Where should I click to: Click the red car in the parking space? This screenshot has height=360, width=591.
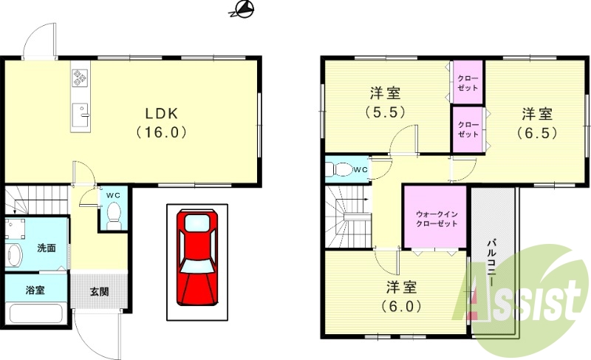(x=197, y=257)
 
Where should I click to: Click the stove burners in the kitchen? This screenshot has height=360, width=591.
(x=80, y=77)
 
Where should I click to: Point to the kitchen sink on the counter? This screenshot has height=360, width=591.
(x=81, y=113)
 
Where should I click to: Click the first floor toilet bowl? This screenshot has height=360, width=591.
(x=114, y=214)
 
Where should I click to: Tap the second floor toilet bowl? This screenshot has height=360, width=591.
(x=342, y=169)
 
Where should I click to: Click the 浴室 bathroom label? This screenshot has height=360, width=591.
(x=35, y=290)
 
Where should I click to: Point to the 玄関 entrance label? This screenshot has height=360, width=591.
(x=100, y=291)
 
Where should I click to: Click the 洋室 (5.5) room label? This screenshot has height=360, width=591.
(x=385, y=103)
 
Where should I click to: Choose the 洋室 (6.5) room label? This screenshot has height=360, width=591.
(x=537, y=123)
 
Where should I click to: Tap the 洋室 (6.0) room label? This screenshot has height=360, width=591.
(x=401, y=295)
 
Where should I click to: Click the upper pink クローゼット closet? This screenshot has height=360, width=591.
(x=467, y=83)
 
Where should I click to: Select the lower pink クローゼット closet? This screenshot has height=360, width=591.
(x=467, y=129)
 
